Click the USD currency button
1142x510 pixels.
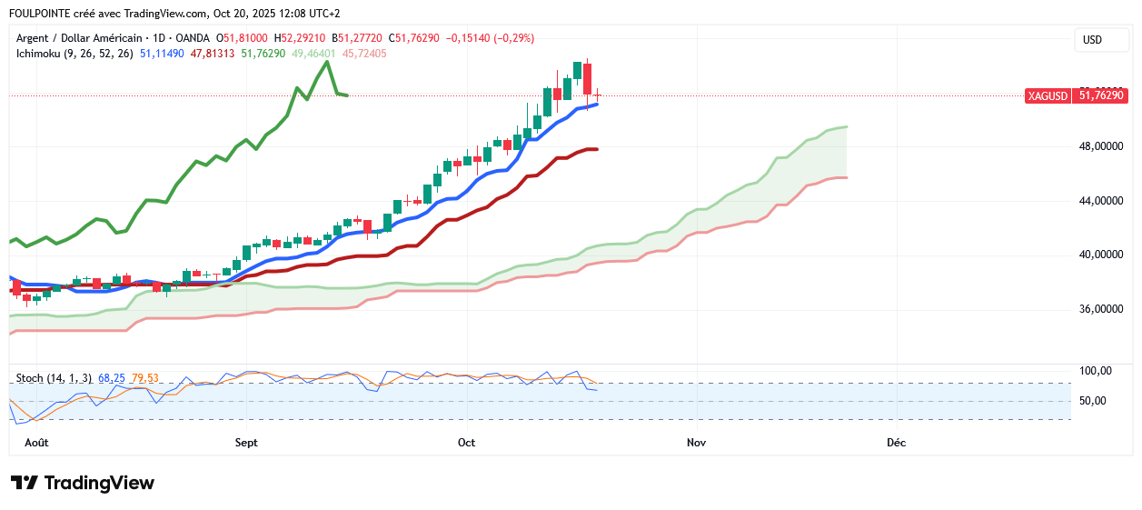coord(1092,40)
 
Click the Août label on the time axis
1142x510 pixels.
coord(36,443)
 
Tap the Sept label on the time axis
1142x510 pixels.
coord(246,443)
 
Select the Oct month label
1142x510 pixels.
coord(466,443)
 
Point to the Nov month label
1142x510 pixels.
coord(696,443)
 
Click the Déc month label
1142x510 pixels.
coord(896,443)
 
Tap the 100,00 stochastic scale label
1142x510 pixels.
coord(1096,371)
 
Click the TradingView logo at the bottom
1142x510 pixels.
coord(83,483)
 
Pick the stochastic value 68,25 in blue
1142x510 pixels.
coord(111,378)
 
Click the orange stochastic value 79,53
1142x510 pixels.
coord(145,378)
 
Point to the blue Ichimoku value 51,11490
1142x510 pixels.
coord(162,54)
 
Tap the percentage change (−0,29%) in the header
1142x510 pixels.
coord(513,38)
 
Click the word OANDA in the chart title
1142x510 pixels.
coord(193,38)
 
